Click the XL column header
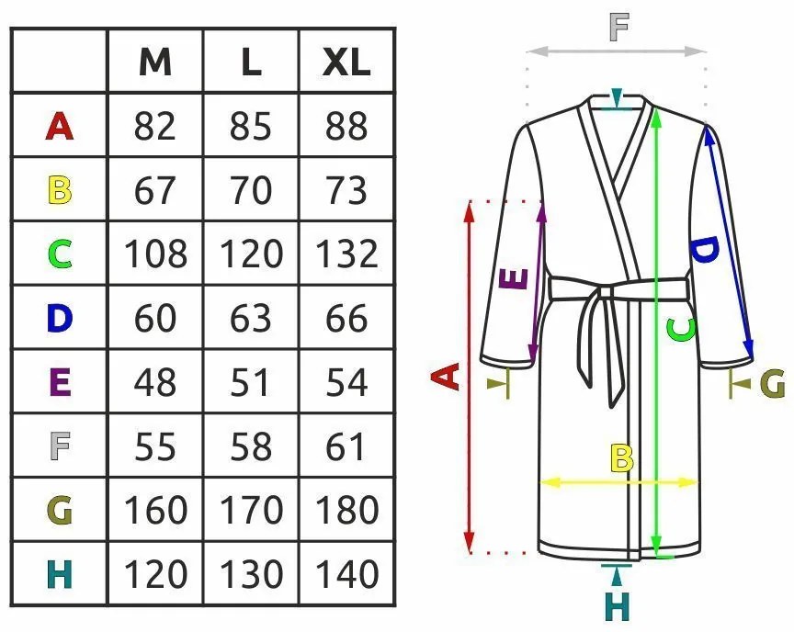[x=346, y=62]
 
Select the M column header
[x=154, y=62]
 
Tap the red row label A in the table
[x=59, y=126]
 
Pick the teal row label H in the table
[x=59, y=575]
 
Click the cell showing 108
[x=155, y=254]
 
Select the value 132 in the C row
[x=346, y=254]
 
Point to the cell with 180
[x=346, y=510]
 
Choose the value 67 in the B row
[x=154, y=190]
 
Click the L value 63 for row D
[x=251, y=318]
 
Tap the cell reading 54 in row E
[x=346, y=382]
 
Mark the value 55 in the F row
[x=154, y=446]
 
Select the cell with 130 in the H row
[x=251, y=575]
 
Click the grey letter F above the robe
[x=619, y=28]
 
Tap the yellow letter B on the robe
[x=622, y=457]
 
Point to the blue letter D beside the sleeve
[x=703, y=250]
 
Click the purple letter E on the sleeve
[x=516, y=278]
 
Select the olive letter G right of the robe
[x=772, y=383]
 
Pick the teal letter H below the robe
[x=618, y=606]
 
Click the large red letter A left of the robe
[x=446, y=377]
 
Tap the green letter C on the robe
[x=681, y=328]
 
